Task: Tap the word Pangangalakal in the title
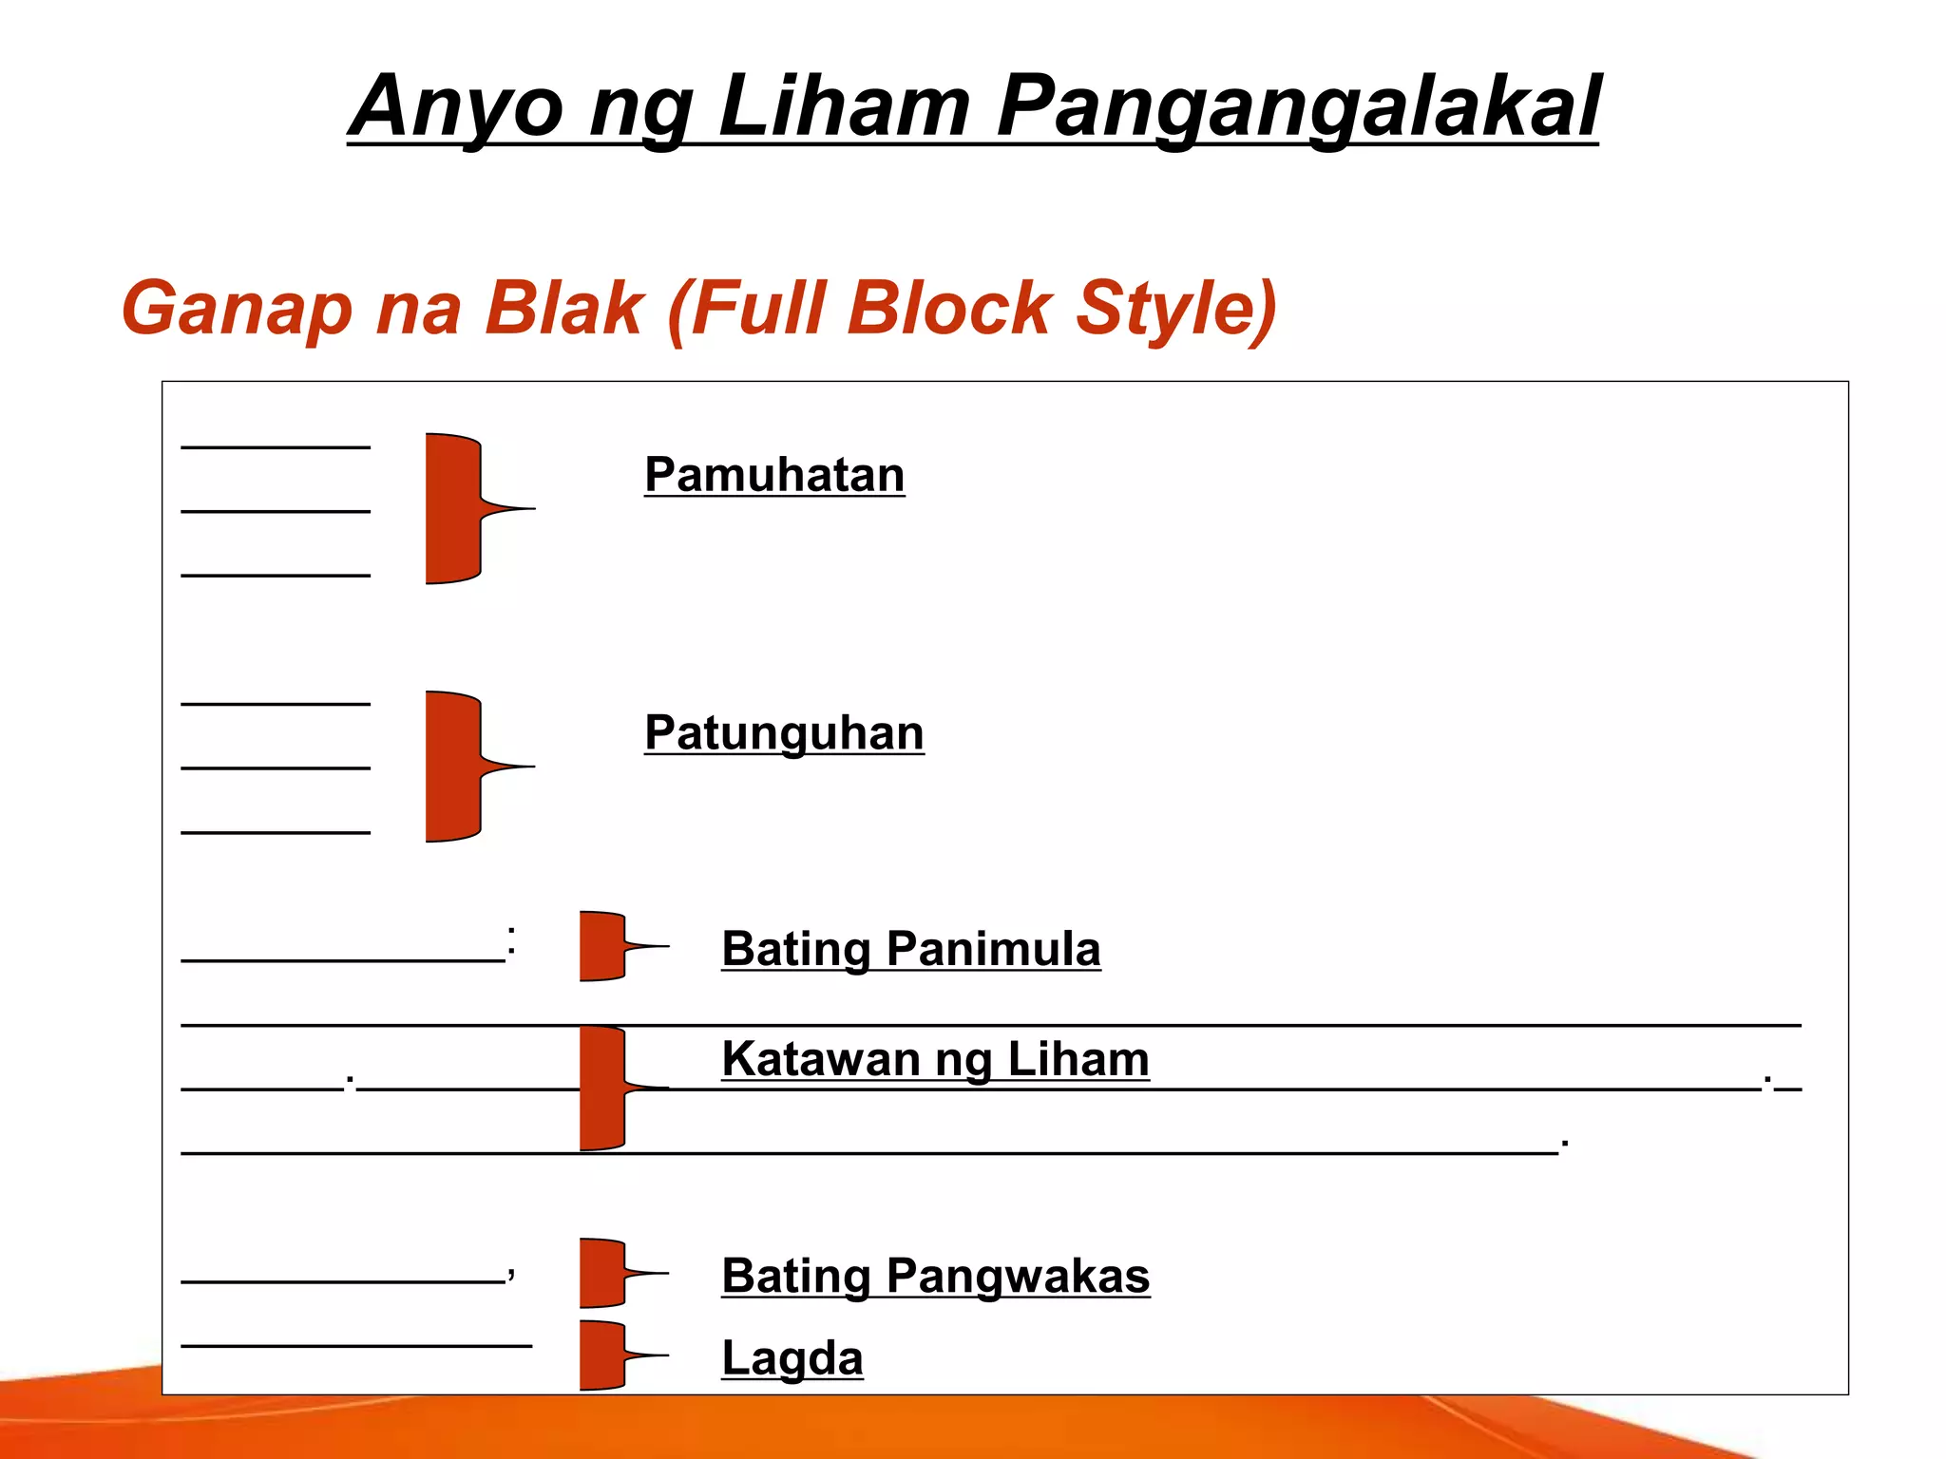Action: [1298, 106]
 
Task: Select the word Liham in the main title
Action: [844, 106]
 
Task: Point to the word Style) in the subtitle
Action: [1175, 309]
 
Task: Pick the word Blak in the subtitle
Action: [563, 309]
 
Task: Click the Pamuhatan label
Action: [774, 475]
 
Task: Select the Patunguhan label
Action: [784, 733]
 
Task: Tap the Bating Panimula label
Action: [911, 949]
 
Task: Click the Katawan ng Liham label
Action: [935, 1059]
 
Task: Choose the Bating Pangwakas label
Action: [936, 1276]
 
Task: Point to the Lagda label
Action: [792, 1357]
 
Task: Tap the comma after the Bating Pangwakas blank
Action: [511, 1273]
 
